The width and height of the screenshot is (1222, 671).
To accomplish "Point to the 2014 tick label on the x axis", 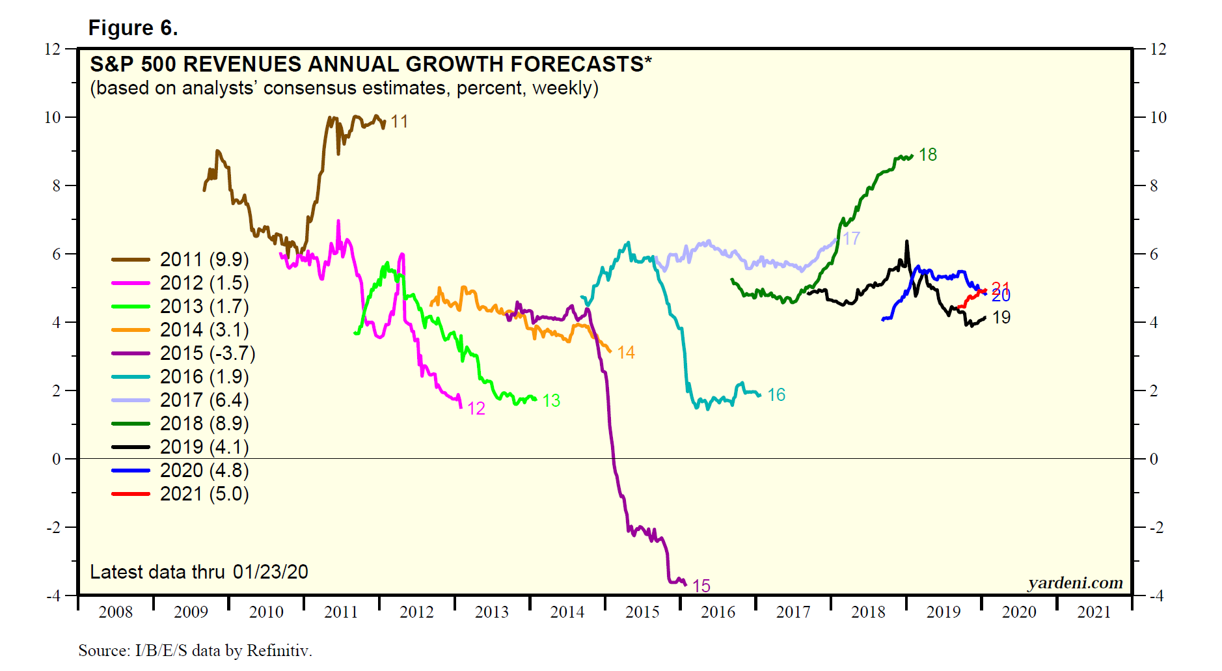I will point(567,612).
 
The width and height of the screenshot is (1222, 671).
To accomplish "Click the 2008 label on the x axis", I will point(115,612).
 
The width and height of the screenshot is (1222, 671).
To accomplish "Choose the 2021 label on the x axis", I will point(1094,612).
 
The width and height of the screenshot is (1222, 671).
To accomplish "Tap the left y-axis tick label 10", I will point(52,118).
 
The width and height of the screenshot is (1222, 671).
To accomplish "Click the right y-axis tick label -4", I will point(1156,596).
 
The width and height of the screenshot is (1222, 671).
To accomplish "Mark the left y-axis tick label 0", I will point(57,459).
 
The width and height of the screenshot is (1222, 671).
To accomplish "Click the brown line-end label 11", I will point(399,122).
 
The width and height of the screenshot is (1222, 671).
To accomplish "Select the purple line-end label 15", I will point(701,586).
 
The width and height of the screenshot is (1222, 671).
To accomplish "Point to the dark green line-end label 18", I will point(927,155).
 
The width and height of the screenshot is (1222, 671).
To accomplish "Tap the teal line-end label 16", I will point(776,395).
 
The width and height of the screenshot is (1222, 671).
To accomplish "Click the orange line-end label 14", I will point(625,353).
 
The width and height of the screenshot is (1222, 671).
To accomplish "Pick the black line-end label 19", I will point(1001,318).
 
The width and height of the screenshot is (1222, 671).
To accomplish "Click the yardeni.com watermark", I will point(1075,583).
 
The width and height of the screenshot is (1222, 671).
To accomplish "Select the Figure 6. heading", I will point(133,28).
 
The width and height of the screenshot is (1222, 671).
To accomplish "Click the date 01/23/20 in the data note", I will point(270,572).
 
